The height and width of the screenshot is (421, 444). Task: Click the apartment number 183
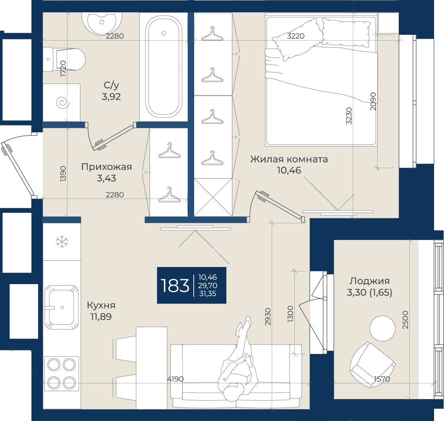coord(175,285)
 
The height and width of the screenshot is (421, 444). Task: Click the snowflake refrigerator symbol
coord(62,242)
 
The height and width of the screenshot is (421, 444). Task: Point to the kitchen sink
coord(61,307)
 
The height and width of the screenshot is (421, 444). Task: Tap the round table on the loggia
coord(382,328)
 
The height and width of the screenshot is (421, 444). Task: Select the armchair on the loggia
coord(372,364)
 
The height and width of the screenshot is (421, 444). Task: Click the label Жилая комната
coord(289,159)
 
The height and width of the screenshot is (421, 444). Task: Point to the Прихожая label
coord(107,167)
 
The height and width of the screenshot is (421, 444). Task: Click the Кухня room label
coord(101,305)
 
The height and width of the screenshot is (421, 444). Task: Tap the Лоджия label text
coord(370,281)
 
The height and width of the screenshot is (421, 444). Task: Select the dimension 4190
coord(175,379)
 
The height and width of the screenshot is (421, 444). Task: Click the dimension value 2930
coord(268,316)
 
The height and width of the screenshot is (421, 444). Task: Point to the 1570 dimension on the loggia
coord(382,379)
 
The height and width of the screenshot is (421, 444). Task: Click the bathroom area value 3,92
coord(111,97)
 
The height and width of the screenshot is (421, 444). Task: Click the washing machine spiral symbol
coord(63,103)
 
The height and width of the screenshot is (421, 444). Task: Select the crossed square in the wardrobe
coord(213,197)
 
